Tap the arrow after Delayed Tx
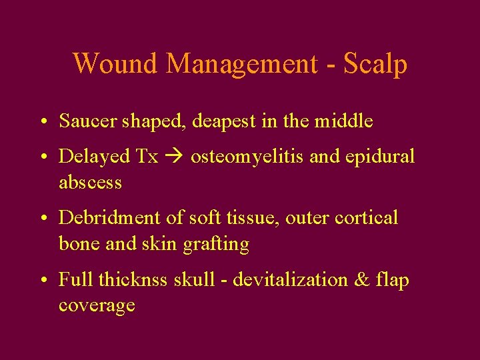point(174,157)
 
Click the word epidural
point(381,157)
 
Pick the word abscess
point(90,182)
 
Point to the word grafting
point(215,245)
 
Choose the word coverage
point(97,306)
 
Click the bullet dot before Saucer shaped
point(42,122)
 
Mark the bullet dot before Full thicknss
point(42,281)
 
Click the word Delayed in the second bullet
point(94,157)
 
